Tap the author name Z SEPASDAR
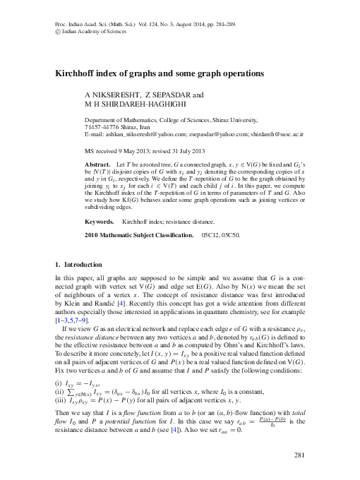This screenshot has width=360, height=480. click(x=169, y=95)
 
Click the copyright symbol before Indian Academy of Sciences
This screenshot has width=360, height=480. click(x=57, y=31)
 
